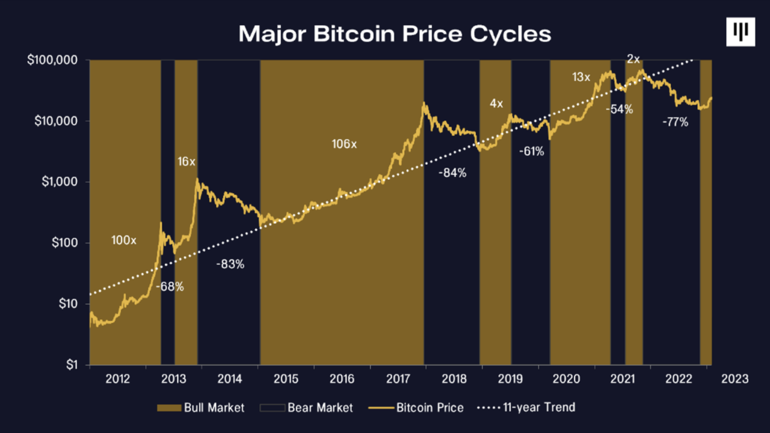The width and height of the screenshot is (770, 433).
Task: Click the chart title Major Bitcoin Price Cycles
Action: [395, 34]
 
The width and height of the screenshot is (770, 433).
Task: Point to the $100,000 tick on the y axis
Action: [52, 61]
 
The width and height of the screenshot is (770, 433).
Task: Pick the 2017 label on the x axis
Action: [398, 379]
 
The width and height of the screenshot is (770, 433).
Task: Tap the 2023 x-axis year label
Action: [735, 379]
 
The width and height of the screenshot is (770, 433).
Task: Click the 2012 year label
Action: [117, 379]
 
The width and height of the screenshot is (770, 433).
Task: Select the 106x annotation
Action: [344, 144]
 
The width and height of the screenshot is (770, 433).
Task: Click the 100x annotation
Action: [124, 241]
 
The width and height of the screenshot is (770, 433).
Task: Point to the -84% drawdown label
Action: [452, 173]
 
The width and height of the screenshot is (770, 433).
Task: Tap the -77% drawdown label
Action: [675, 122]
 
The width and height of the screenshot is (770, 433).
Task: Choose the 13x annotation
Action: [581, 77]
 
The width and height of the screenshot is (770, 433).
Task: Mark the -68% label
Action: [170, 287]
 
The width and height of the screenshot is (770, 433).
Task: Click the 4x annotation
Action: [496, 103]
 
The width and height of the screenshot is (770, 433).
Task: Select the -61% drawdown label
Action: [531, 152]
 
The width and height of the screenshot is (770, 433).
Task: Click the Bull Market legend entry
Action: [201, 408]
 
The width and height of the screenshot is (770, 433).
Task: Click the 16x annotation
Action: [186, 161]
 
